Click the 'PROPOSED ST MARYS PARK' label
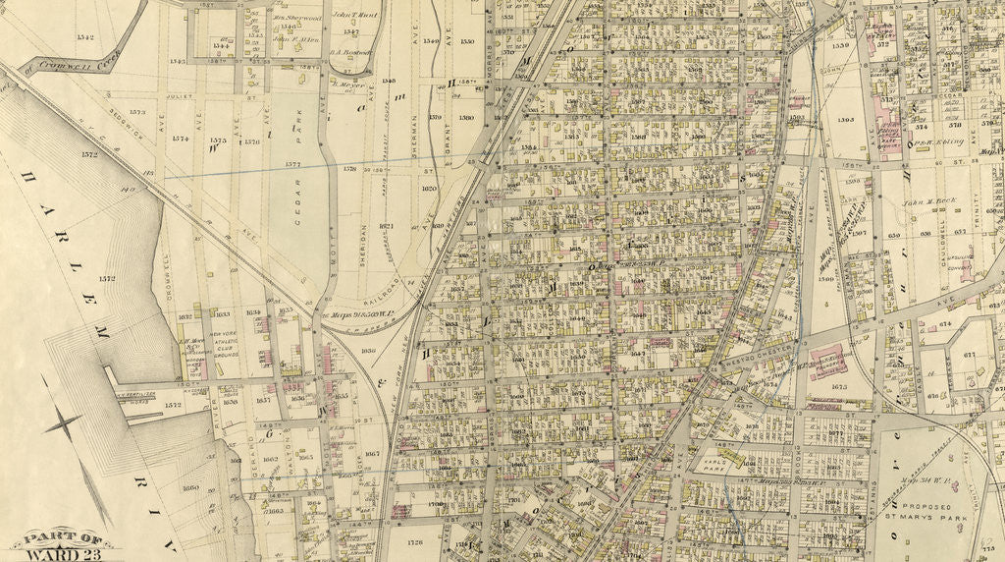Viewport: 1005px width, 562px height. pyautogui.click(x=928, y=513)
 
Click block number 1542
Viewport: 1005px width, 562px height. pyautogui.click(x=83, y=37)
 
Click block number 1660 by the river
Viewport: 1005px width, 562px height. pyautogui.click(x=191, y=487)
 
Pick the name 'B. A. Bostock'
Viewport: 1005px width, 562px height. pyautogui.click(x=347, y=53)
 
